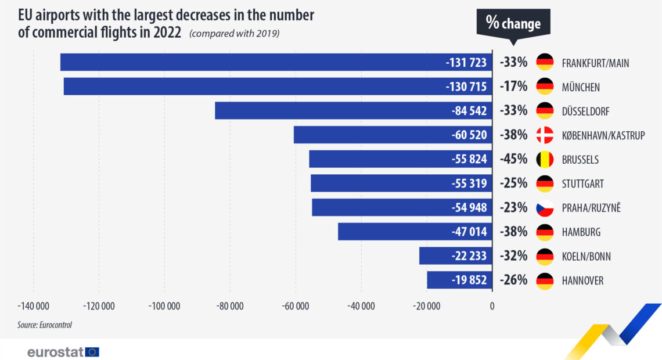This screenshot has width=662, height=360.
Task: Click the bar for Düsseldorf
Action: tap(354, 110)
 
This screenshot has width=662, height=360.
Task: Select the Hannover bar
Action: tap(459, 280)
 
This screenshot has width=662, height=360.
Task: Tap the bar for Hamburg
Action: tap(415, 232)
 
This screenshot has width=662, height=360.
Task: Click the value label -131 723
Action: tap(466, 63)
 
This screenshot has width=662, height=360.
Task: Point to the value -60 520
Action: tap(469, 135)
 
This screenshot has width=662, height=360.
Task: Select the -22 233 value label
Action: tap(469, 255)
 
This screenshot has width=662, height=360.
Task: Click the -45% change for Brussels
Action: tap(513, 159)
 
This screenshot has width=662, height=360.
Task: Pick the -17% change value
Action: tap(513, 87)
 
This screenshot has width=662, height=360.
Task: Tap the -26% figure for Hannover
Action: tap(513, 280)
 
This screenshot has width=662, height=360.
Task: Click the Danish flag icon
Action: tap(545, 135)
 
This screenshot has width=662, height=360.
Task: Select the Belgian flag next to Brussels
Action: tap(545, 159)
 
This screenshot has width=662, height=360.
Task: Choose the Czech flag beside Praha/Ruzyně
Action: tap(545, 208)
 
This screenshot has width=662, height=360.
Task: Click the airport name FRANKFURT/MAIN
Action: tap(595, 63)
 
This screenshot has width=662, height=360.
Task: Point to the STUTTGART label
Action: tap(582, 184)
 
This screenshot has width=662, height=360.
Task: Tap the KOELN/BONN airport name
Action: tap(586, 257)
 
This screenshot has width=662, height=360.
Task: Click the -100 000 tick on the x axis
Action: tap(164, 306)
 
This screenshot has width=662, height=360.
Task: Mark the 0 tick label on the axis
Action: tap(492, 306)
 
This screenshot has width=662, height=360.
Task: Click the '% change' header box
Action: tap(513, 24)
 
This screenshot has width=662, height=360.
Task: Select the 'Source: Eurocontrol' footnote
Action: tap(44, 325)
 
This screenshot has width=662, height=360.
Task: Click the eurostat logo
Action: tap(63, 352)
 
